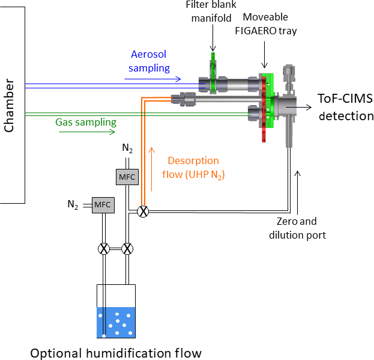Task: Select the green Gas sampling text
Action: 86,122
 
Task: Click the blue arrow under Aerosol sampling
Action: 156,79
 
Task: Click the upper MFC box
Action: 127,176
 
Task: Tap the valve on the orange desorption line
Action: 143,211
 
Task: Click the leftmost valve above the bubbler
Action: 104,248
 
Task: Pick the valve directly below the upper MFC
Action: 127,248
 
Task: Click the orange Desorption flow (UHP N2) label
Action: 193,168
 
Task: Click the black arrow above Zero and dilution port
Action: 298,184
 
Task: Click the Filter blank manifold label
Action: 211,11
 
